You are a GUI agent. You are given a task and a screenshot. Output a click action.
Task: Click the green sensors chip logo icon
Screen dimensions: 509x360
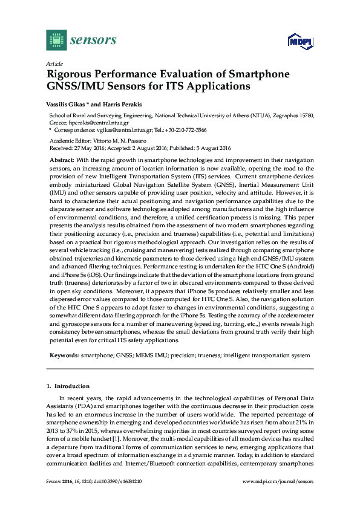pyautogui.click(x=57, y=40)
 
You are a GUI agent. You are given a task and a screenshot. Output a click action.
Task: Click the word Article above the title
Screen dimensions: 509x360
pyautogui.click(x=53, y=63)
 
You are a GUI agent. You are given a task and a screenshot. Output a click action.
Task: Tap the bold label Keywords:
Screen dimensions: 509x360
pyautogui.click(x=65, y=356)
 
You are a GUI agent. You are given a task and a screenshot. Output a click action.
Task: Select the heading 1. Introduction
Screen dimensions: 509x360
pyautogui.click(x=68, y=386)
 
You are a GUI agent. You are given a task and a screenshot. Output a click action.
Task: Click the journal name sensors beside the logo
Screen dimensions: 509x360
pyautogui.click(x=93, y=40)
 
